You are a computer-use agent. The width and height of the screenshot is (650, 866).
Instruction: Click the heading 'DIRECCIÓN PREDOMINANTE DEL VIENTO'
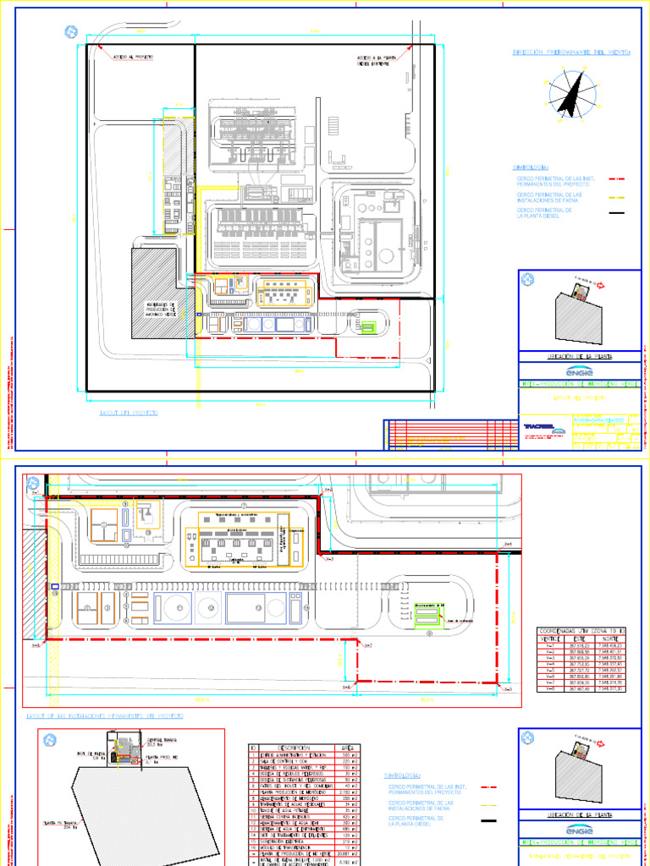click(x=571, y=52)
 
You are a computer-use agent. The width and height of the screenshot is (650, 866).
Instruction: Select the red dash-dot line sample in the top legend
click(x=616, y=180)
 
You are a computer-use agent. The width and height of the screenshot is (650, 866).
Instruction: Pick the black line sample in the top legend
click(x=616, y=212)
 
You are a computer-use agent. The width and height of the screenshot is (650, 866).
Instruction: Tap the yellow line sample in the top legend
click(x=616, y=196)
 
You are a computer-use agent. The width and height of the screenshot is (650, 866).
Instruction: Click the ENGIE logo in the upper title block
click(x=580, y=370)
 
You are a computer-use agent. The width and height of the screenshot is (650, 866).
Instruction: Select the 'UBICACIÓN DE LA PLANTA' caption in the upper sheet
click(x=580, y=357)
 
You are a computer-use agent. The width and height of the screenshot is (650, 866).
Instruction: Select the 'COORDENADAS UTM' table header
click(x=581, y=631)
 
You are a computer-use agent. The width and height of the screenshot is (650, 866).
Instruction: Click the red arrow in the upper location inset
click(x=602, y=286)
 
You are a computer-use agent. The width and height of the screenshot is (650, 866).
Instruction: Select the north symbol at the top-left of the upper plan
click(x=70, y=33)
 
